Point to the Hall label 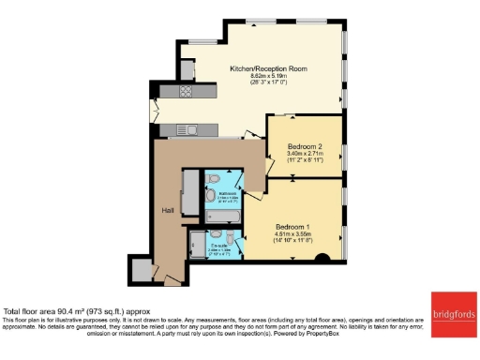169,209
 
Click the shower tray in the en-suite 225,247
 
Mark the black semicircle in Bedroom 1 322,258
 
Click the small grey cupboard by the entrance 142,271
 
